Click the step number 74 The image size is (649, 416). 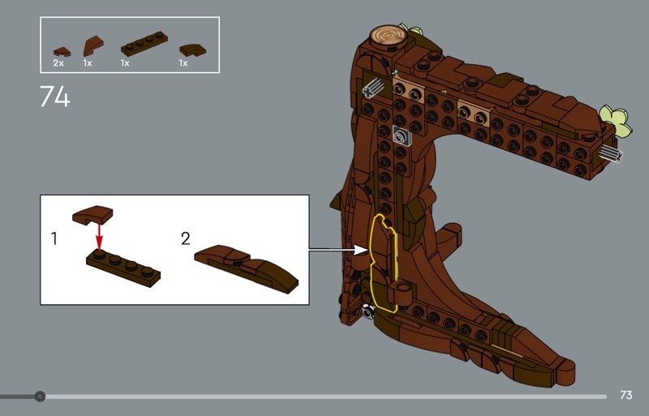[55, 96]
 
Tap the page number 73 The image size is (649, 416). [625, 395]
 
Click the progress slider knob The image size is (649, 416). [40, 397]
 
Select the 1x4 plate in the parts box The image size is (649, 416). [144, 44]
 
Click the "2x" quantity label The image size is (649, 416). [58, 63]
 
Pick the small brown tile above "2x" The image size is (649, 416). [62, 52]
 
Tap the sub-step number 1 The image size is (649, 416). [54, 238]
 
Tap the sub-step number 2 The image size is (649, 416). [186, 238]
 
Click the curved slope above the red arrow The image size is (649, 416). [93, 214]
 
